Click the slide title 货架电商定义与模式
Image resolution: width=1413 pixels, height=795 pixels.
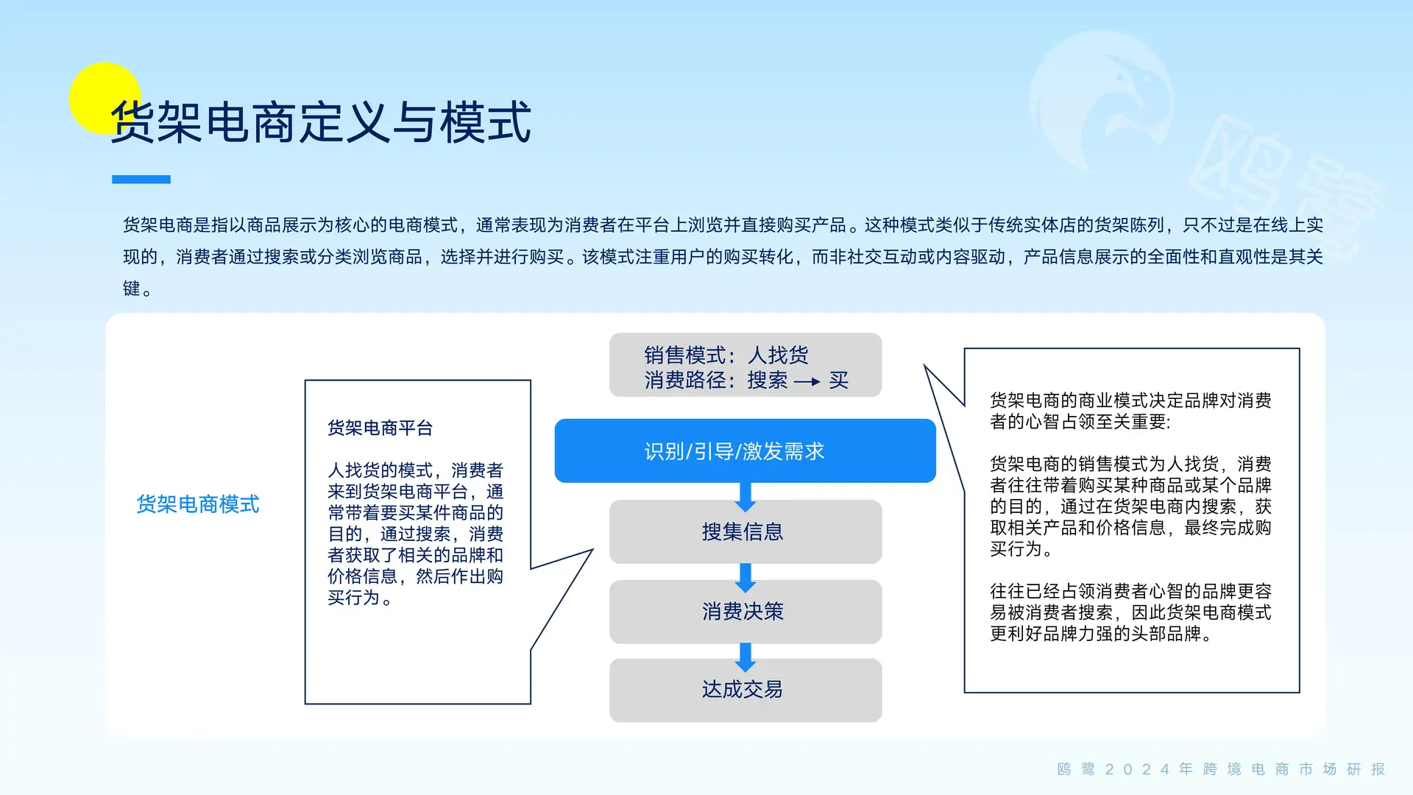pyautogui.click(x=321, y=122)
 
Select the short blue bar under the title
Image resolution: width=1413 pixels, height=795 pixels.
pyautogui.click(x=141, y=180)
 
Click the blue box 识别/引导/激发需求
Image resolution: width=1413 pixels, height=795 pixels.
pyautogui.click(x=745, y=451)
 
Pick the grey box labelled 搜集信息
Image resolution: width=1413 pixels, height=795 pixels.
pyautogui.click(x=745, y=531)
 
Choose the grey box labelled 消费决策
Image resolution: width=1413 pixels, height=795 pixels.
pyautogui.click(x=745, y=611)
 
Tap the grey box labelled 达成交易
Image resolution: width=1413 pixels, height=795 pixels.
pyautogui.click(x=745, y=690)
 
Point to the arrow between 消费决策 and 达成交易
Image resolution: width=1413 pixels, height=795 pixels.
pyautogui.click(x=746, y=657)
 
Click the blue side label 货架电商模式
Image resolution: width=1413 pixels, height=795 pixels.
pyautogui.click(x=198, y=504)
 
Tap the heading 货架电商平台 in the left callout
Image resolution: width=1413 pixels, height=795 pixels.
pyautogui.click(x=380, y=428)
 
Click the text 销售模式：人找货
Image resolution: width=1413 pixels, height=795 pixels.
pyautogui.click(x=726, y=356)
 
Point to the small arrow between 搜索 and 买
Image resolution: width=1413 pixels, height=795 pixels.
pyautogui.click(x=807, y=381)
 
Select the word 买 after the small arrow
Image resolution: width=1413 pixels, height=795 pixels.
pyautogui.click(x=839, y=381)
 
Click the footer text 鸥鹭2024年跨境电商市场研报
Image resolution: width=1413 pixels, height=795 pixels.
pyautogui.click(x=1222, y=769)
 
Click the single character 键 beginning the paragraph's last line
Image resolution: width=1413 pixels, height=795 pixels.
pyautogui.click(x=132, y=289)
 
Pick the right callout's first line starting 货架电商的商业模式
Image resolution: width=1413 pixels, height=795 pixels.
pyautogui.click(x=1130, y=400)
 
